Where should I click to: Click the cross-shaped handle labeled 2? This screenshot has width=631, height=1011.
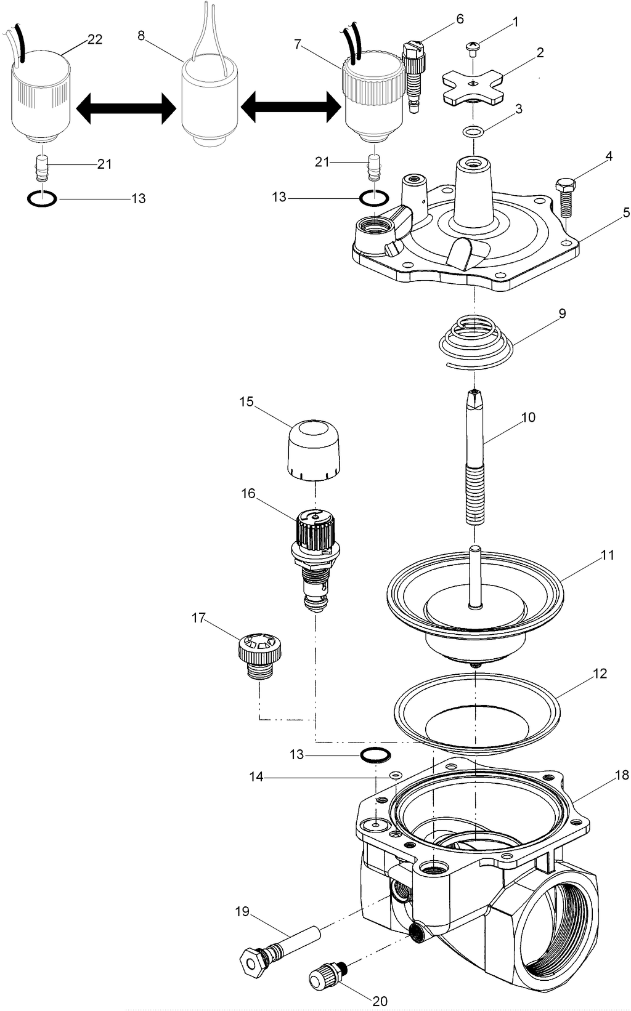[x=472, y=86]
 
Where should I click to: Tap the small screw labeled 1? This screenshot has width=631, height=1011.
[x=473, y=49]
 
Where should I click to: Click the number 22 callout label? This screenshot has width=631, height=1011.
[x=95, y=39]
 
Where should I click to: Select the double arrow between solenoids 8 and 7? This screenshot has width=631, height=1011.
[x=290, y=110]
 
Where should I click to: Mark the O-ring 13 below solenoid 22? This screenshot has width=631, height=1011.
[x=43, y=199]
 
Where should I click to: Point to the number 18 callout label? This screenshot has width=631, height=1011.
[x=621, y=776]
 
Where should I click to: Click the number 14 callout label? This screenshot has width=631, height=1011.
[x=256, y=778]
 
